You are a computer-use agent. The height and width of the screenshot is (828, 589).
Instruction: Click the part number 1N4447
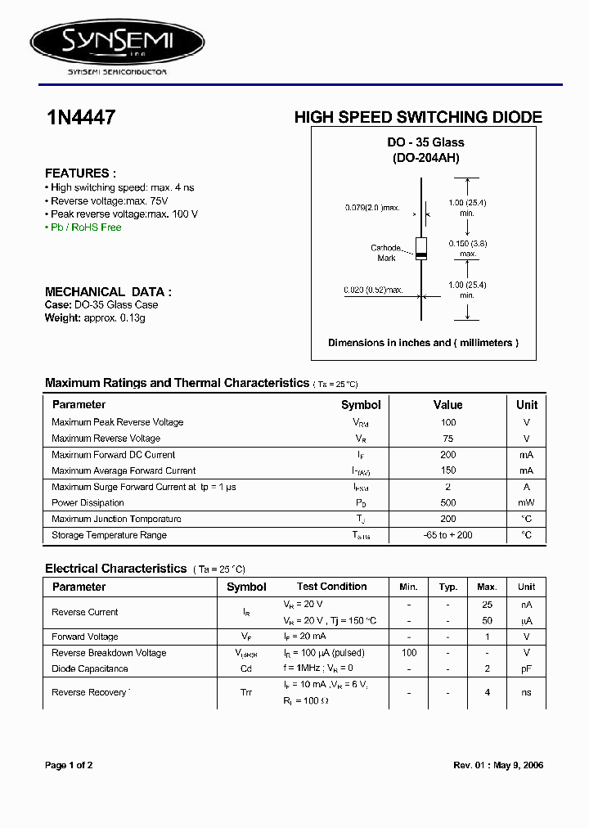[80, 118]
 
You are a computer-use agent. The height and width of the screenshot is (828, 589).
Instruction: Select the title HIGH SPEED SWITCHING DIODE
[417, 118]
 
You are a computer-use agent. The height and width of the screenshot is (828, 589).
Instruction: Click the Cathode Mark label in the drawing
[386, 253]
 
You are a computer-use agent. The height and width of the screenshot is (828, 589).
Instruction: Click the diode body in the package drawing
[421, 248]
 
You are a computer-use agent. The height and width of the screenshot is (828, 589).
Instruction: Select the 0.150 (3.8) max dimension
[467, 248]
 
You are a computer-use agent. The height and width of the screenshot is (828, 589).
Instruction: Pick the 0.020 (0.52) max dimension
[373, 290]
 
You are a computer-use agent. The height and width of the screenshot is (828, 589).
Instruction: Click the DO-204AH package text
[426, 157]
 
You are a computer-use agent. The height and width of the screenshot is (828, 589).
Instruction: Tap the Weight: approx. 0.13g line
[95, 317]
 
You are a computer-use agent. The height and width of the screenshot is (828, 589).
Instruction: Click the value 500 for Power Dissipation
[447, 502]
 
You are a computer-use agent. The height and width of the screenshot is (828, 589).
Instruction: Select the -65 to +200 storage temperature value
[447, 535]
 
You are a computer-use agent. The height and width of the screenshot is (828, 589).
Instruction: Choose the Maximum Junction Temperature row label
[116, 519]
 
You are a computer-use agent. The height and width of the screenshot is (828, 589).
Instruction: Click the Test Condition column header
[331, 587]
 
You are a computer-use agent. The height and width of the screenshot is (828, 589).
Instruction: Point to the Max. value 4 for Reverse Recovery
[487, 692]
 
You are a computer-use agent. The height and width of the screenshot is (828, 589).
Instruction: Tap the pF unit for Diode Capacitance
[526, 668]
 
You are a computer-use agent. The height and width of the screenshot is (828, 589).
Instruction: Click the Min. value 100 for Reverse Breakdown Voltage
[409, 653]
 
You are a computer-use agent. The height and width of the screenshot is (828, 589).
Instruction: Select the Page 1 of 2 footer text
[69, 766]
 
